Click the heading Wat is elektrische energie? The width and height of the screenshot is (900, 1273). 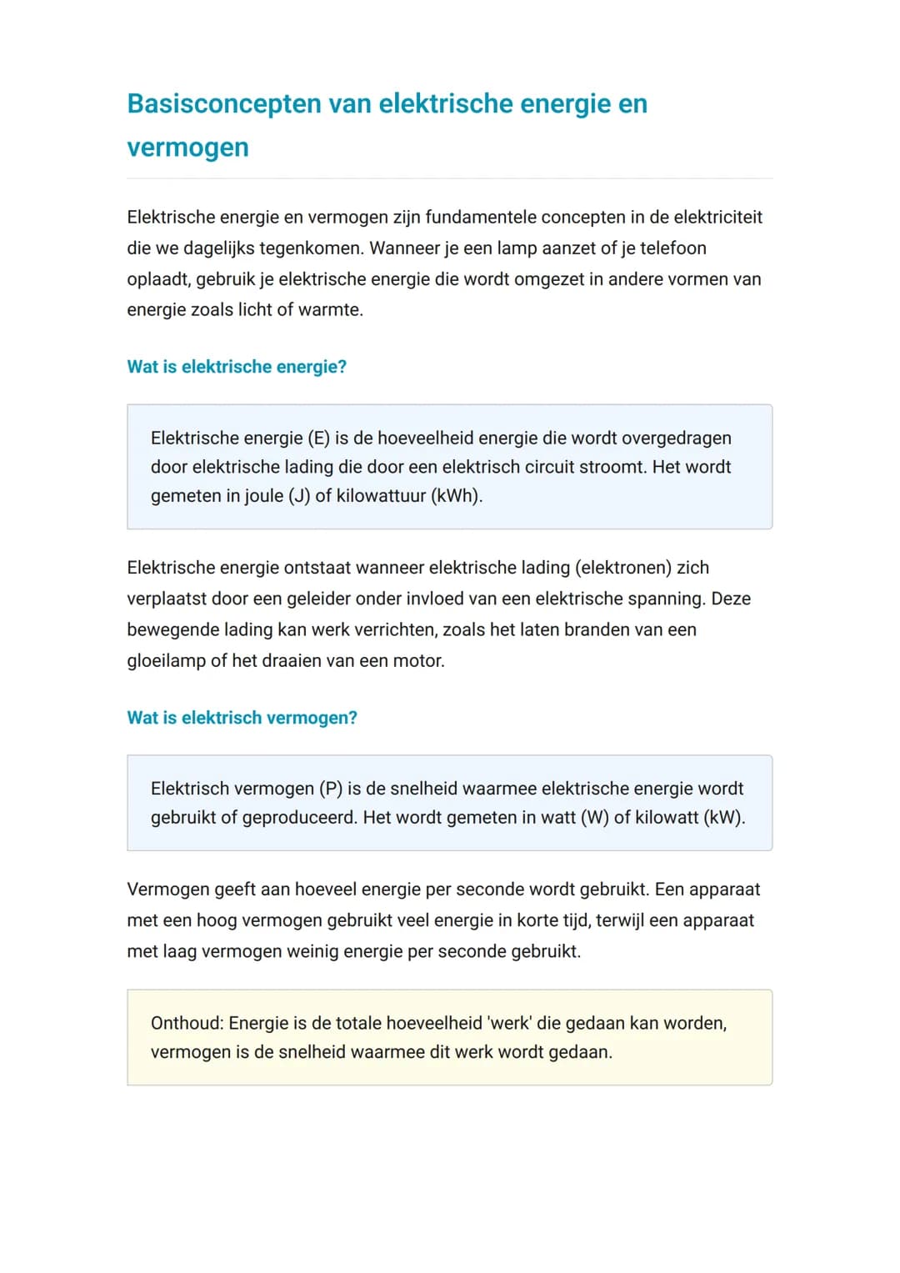coord(237,367)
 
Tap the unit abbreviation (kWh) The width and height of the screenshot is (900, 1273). coord(457,496)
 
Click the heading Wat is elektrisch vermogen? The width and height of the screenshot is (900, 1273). coord(242,718)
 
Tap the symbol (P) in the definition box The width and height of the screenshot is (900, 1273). coord(331,789)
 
